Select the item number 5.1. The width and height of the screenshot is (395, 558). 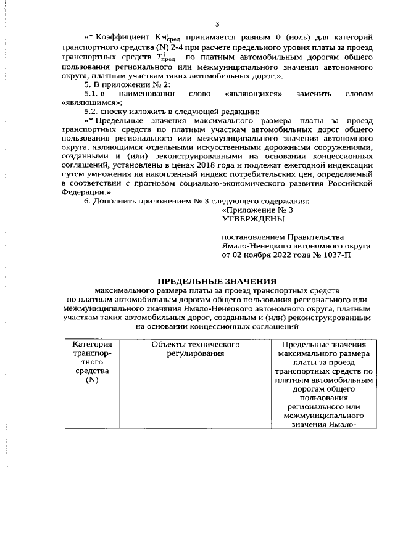tap(91, 93)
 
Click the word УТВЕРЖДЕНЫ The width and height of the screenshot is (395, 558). tap(253, 219)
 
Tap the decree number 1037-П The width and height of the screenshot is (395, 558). tap(336, 254)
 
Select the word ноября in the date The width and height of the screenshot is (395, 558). tap(250, 254)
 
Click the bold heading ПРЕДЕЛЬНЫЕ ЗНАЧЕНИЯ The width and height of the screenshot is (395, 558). tap(216, 281)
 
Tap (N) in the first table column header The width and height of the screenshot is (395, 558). tap(92, 380)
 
